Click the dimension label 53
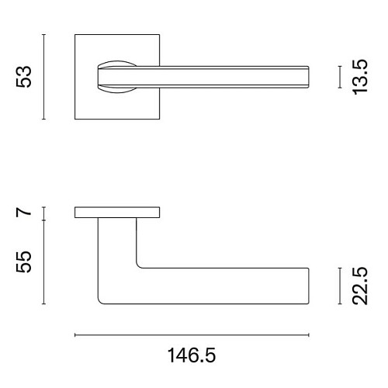[23, 77]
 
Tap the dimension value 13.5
[360, 77]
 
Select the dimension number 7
[23, 213]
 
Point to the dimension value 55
[23, 262]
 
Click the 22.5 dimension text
[360, 286]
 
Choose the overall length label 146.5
[192, 355]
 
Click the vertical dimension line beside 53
[44, 77]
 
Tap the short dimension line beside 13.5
[340, 77]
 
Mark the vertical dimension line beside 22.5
[340, 286]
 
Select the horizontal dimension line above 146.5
[192, 335]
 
